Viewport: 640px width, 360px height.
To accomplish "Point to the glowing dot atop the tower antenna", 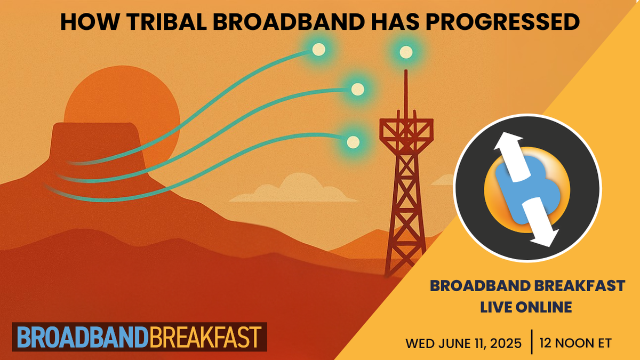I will tap(406, 52).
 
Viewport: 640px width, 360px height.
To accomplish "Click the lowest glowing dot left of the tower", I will tap(353, 141).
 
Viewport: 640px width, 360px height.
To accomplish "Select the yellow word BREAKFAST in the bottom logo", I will tap(205, 337).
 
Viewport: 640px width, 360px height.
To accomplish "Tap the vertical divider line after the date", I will tap(532, 342).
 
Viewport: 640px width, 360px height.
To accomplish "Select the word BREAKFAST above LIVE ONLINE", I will tap(578, 286).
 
